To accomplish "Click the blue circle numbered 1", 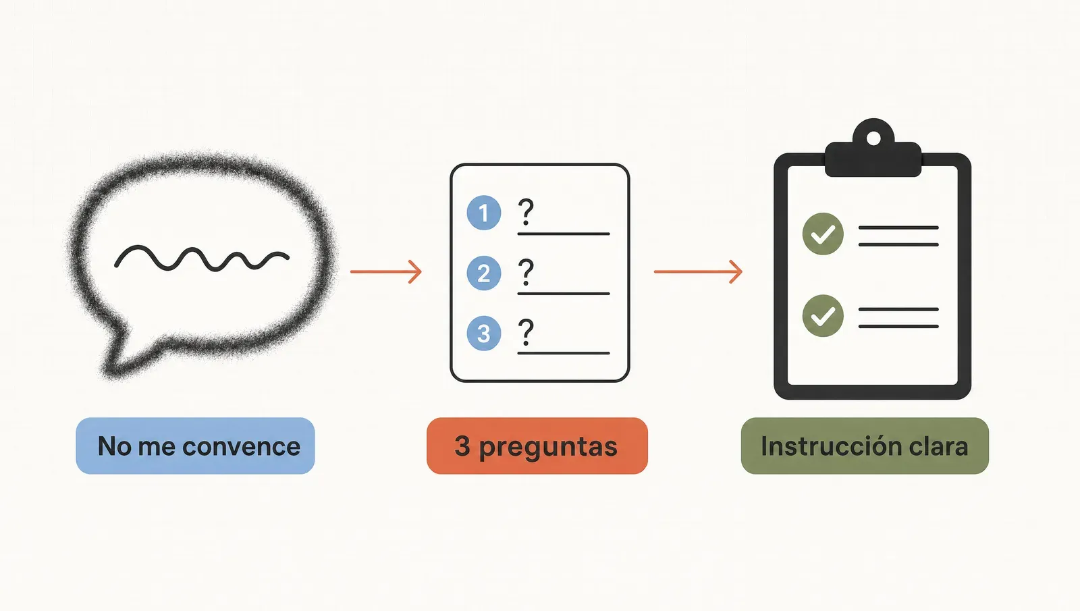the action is click(x=483, y=213).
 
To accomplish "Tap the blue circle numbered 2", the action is click(x=483, y=273).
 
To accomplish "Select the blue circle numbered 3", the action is click(x=483, y=334).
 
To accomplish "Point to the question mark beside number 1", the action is click(x=526, y=212).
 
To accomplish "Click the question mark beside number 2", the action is click(x=526, y=273).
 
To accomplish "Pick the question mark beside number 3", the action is click(x=526, y=333).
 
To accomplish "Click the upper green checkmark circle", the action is click(x=823, y=234).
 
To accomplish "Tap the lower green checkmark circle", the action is click(x=823, y=315).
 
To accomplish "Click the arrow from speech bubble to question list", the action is click(x=386, y=272).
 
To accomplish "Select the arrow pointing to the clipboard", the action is click(x=698, y=272).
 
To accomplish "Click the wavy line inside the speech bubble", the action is click(x=202, y=259).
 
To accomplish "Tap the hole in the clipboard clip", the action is click(x=873, y=138).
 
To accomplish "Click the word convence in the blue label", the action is click(x=242, y=446).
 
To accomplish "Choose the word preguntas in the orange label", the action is click(x=548, y=448).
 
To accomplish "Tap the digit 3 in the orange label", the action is click(x=462, y=446).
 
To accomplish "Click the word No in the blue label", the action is click(x=114, y=446).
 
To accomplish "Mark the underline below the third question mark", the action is click(x=564, y=354).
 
